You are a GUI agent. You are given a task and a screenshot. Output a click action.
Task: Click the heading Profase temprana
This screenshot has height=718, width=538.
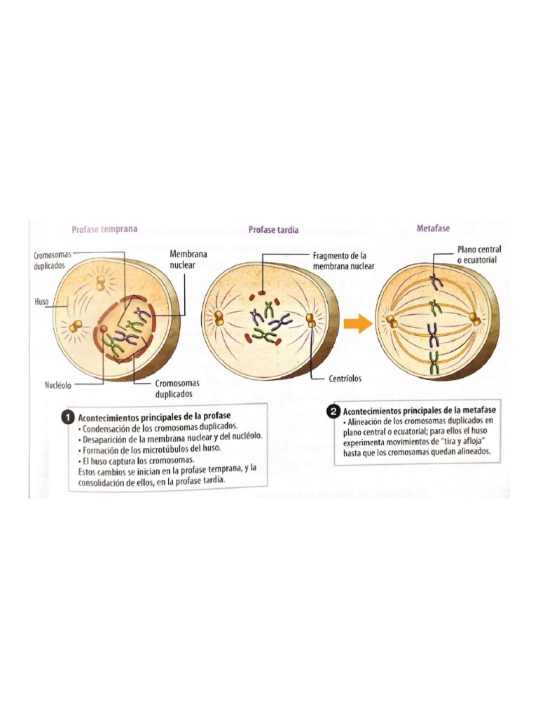(x=104, y=229)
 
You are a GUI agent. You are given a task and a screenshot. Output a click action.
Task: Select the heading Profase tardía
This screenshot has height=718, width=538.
(x=274, y=229)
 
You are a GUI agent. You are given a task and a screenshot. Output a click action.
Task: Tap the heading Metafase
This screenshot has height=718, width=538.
(x=433, y=229)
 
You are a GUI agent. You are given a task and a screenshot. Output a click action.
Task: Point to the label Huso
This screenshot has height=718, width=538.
(x=42, y=302)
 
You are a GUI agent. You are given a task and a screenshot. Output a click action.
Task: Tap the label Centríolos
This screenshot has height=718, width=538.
(x=345, y=379)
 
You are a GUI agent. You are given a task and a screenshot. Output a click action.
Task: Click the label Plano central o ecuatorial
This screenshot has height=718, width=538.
(x=479, y=255)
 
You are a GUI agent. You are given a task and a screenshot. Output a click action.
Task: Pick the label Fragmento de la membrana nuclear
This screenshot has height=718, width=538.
(x=345, y=261)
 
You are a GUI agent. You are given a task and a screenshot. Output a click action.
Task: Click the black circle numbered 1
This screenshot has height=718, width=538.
(x=68, y=417)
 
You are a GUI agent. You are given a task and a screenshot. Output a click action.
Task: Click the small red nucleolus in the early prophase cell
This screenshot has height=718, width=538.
(x=104, y=328)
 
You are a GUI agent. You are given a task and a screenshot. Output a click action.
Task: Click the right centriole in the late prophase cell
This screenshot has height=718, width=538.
(x=311, y=320)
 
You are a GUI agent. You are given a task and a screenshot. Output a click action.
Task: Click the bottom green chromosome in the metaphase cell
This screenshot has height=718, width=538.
(x=434, y=363)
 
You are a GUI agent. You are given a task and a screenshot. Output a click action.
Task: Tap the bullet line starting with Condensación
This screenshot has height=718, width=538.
(x=158, y=426)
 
